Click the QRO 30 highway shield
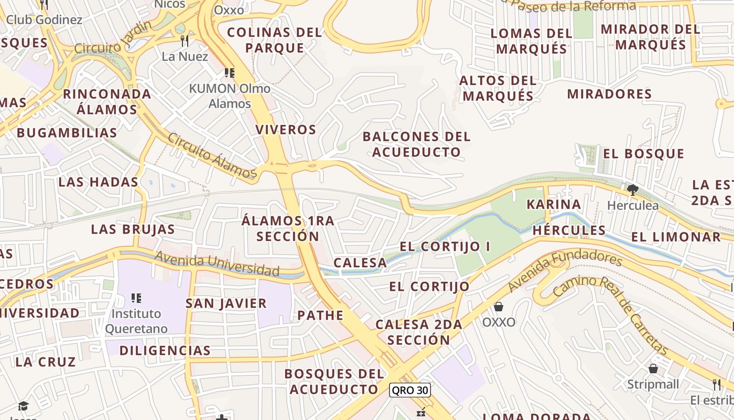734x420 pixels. (409, 390)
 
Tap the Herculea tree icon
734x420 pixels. (633, 190)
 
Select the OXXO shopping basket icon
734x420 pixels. (499, 307)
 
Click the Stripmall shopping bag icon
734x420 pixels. (653, 369)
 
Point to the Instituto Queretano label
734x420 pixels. (136, 321)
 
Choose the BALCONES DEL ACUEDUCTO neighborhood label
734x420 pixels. (417, 144)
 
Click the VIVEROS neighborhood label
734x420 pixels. (286, 130)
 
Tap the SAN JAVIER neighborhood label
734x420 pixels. (226, 303)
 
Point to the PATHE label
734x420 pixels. (320, 316)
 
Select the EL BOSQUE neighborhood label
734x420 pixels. (644, 154)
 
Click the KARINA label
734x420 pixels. (554, 204)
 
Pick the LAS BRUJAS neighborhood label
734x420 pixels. (133, 229)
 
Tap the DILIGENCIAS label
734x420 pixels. (165, 350)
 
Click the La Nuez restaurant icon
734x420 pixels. (185, 41)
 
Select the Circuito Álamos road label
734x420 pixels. (212, 156)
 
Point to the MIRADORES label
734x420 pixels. (609, 94)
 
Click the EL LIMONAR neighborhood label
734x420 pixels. (676, 237)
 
